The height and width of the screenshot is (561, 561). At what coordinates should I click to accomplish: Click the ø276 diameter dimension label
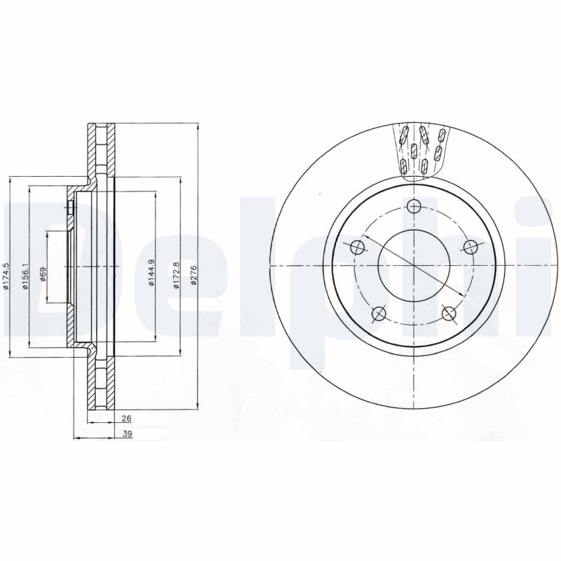194,276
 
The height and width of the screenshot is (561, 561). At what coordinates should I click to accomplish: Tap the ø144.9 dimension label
151,276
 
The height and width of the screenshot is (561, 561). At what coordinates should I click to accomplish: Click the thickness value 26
126,419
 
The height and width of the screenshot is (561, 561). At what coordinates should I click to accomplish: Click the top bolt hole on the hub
414,206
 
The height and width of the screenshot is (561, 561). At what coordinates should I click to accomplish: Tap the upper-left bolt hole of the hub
357,246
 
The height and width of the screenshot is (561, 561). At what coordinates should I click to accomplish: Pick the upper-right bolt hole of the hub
471,245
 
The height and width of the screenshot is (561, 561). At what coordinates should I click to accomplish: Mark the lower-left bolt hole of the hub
379,313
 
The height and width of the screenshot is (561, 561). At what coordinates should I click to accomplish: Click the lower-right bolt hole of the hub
450,313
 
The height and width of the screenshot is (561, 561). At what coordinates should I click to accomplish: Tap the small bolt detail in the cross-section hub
72,208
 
